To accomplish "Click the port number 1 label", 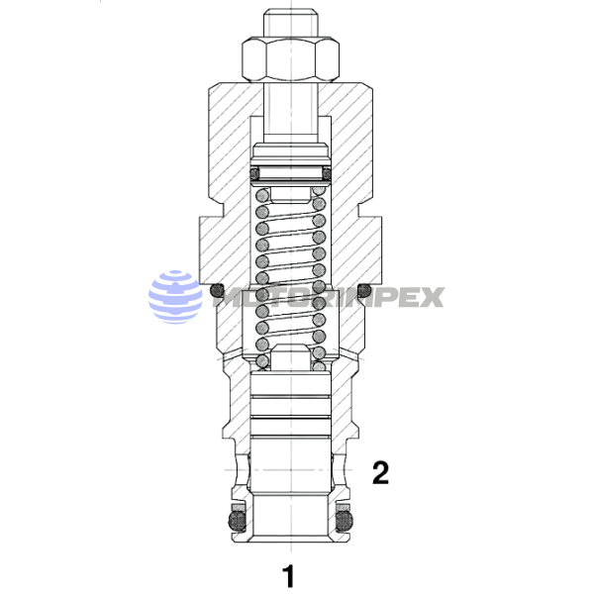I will click(x=288, y=574).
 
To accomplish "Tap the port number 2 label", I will click(x=378, y=472).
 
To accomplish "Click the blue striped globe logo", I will click(x=175, y=297).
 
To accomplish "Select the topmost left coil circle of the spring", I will click(x=262, y=196).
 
